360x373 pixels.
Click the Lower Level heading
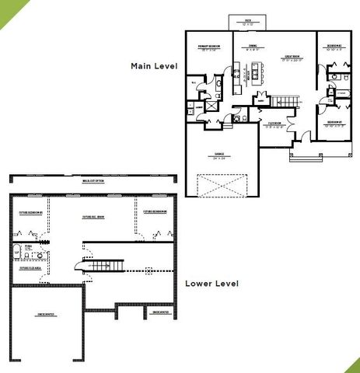211,284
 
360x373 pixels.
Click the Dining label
253,47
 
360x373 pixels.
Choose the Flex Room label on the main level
275,124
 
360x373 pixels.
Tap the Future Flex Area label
30,269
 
